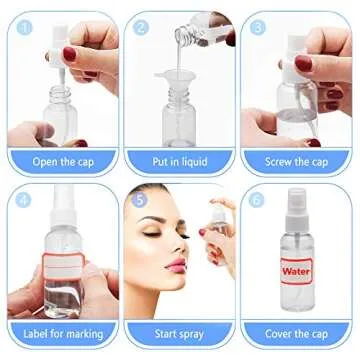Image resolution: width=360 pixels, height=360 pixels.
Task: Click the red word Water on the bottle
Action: point(297,270)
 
